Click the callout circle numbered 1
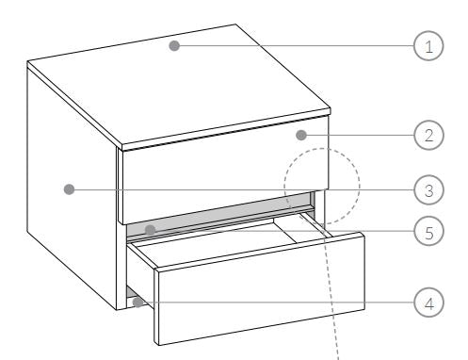[x=428, y=45]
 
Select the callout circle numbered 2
[x=428, y=135]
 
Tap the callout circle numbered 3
[x=428, y=189]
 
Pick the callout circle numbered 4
[x=428, y=303]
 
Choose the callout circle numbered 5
[x=428, y=231]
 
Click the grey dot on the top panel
[x=174, y=45]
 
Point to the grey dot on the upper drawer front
[x=301, y=135]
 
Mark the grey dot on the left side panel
[x=69, y=189]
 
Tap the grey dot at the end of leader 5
[x=151, y=230]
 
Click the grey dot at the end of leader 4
[x=137, y=303]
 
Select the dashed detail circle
[x=284, y=186]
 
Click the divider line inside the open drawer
[x=284, y=231]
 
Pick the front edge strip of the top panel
[x=226, y=129]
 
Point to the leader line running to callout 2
[x=361, y=135]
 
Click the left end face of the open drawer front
[x=156, y=306]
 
